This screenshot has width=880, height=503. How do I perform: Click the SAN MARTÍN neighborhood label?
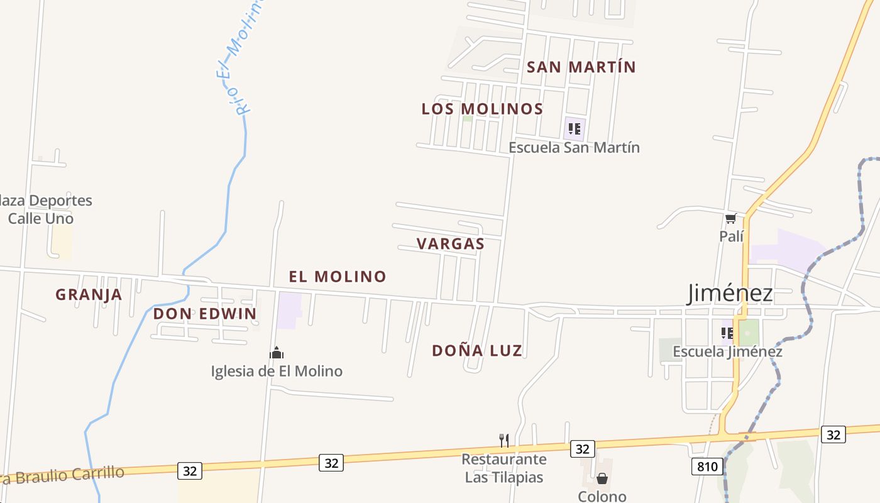[581, 67]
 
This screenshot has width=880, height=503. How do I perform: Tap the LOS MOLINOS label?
[482, 109]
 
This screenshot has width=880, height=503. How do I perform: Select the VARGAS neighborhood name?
[450, 244]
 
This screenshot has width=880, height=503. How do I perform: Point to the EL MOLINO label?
[338, 276]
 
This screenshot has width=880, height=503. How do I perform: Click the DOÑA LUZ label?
[477, 351]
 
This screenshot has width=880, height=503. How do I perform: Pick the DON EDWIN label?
[205, 314]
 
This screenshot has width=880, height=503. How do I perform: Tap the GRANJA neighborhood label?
[89, 294]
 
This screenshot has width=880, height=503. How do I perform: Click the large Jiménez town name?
[730, 293]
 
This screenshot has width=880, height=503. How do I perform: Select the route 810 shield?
[707, 467]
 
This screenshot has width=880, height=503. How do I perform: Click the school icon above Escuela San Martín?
[574, 129]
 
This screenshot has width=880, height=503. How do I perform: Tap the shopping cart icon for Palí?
[730, 219]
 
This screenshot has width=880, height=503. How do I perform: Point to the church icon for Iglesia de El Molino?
[276, 353]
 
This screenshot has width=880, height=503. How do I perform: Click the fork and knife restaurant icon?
[503, 440]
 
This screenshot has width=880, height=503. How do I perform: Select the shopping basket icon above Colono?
[602, 479]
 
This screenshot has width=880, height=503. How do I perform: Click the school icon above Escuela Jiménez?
[727, 333]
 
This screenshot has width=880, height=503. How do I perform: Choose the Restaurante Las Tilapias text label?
[503, 468]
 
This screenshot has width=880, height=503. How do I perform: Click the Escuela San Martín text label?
[574, 148]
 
